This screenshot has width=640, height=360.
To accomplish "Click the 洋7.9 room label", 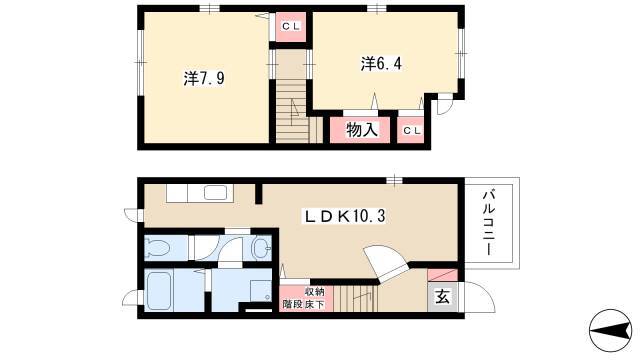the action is [204, 78].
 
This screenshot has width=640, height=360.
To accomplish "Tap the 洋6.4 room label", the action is [381, 64].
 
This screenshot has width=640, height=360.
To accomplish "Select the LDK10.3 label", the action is [345, 216].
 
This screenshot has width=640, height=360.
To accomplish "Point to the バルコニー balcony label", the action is [489, 223].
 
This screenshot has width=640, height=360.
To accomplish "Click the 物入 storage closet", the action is [360, 130].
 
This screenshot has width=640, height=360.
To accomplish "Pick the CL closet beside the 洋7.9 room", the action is [291, 27].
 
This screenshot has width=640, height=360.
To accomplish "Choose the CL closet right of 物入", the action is [411, 130].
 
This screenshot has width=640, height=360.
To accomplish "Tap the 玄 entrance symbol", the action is [442, 297].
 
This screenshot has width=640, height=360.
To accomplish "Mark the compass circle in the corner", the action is [610, 330].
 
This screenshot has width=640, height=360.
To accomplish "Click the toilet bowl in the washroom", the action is [158, 247].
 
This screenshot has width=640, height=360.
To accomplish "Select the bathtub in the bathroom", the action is [158, 291].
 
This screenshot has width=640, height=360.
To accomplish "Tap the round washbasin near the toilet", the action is [261, 247].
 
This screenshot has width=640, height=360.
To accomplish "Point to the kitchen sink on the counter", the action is [216, 193].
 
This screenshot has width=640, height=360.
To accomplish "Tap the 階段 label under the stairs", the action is [293, 304].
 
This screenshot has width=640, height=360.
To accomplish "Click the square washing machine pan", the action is [261, 291].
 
